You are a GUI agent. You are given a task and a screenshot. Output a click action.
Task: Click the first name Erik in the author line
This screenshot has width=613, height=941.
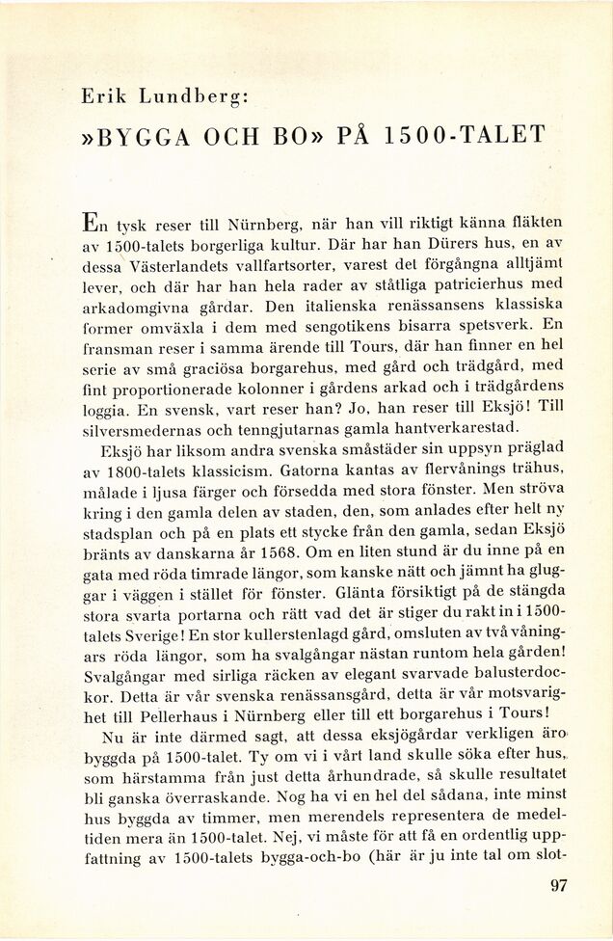coord(103,95)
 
